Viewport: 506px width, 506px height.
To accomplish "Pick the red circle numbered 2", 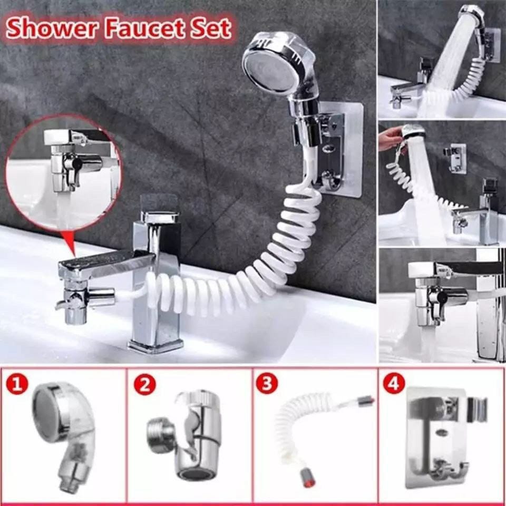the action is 145,385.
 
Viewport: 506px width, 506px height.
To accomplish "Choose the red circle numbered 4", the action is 394,385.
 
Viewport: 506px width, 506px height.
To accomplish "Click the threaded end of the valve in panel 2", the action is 157,432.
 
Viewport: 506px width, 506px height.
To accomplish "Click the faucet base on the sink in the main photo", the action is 155,345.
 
